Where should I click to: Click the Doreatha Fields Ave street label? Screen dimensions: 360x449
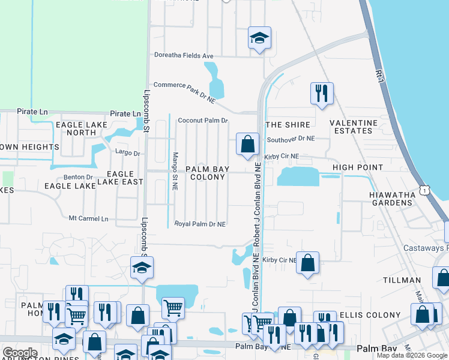tap(184, 56)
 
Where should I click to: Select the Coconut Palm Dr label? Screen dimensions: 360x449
tap(203, 121)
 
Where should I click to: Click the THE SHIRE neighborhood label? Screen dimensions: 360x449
tap(288, 125)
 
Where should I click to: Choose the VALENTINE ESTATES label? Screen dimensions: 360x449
tap(354, 127)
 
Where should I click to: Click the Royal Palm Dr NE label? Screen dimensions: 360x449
tap(200, 224)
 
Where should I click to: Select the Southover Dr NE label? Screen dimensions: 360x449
tap(291, 139)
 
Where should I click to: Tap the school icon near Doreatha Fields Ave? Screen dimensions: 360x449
tap(259, 38)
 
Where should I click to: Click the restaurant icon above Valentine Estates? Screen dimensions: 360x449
tap(321, 93)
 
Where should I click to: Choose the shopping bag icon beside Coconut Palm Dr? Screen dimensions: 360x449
tap(247, 144)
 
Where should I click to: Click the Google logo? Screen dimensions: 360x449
tap(20, 353)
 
